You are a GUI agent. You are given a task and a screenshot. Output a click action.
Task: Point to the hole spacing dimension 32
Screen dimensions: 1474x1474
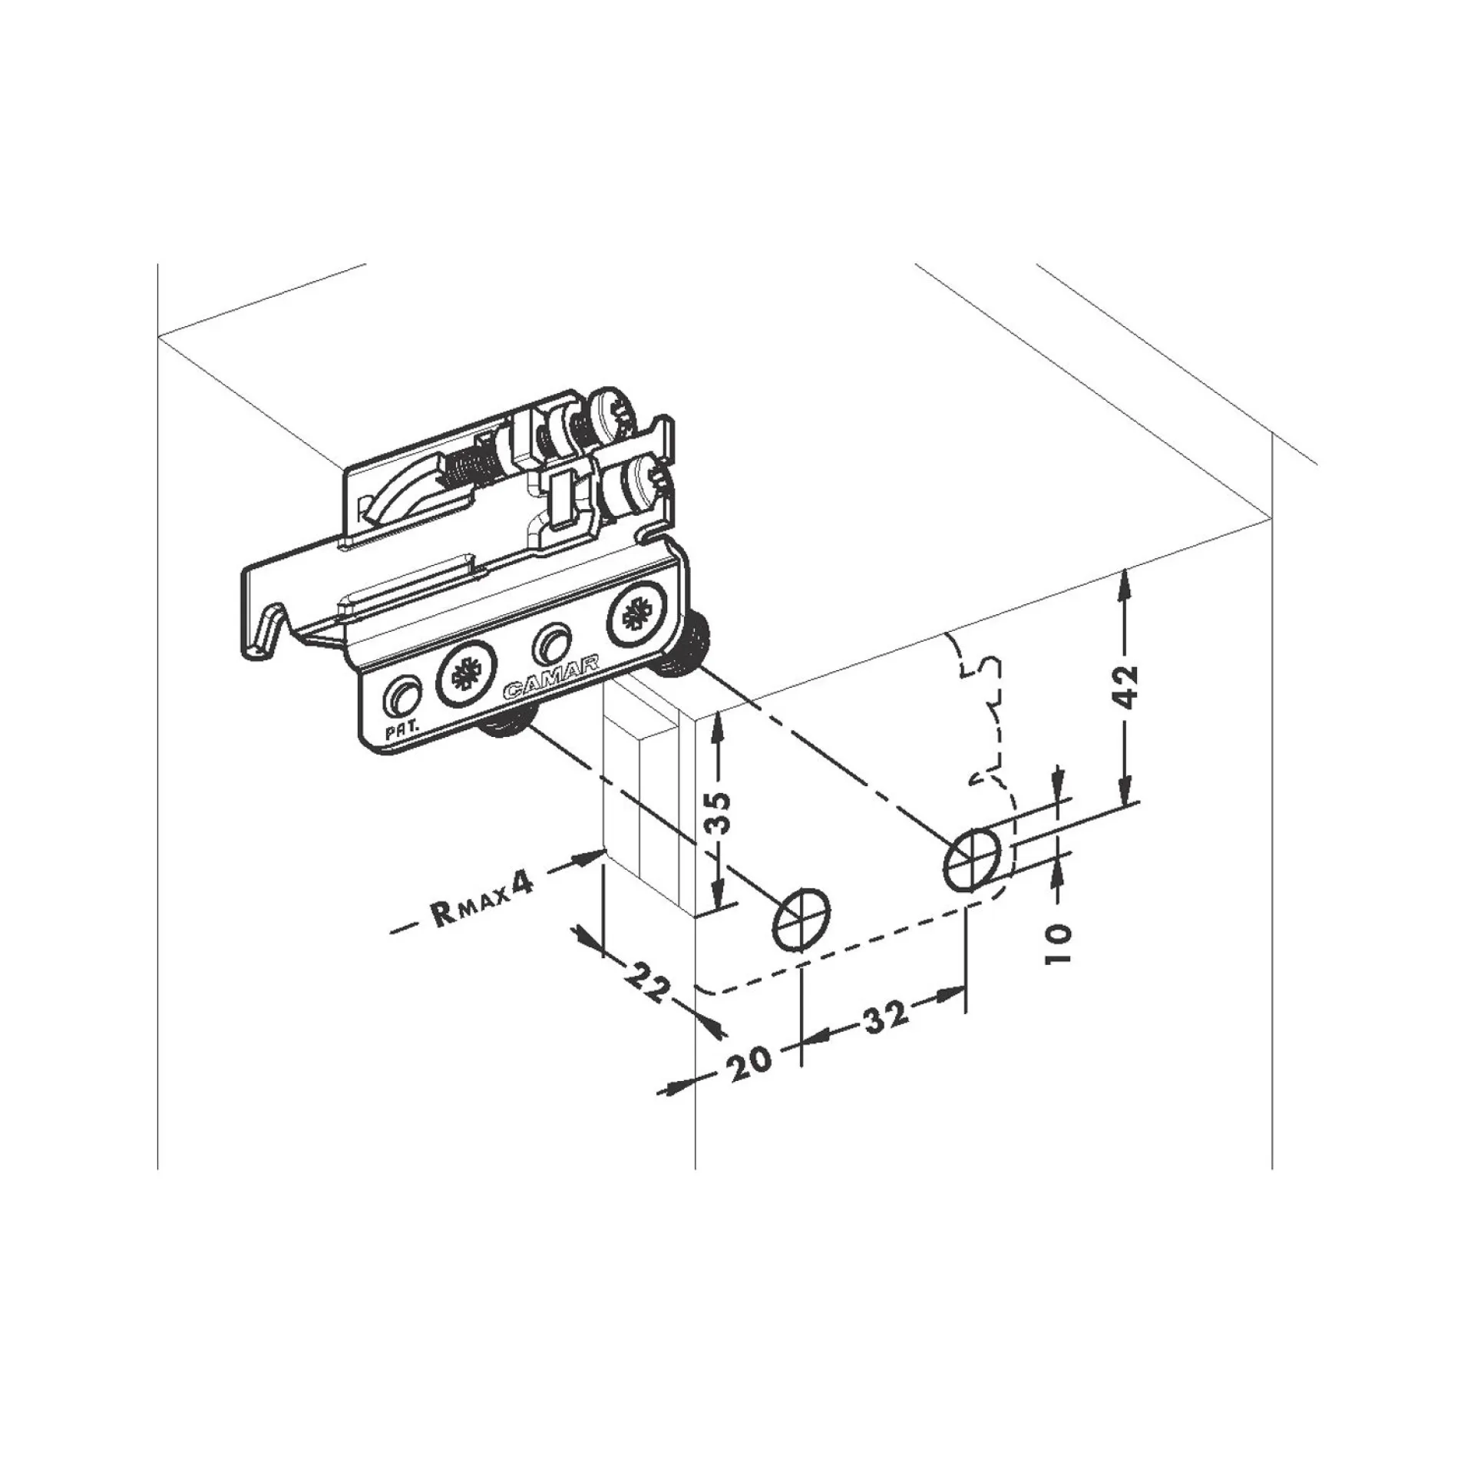(887, 1016)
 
